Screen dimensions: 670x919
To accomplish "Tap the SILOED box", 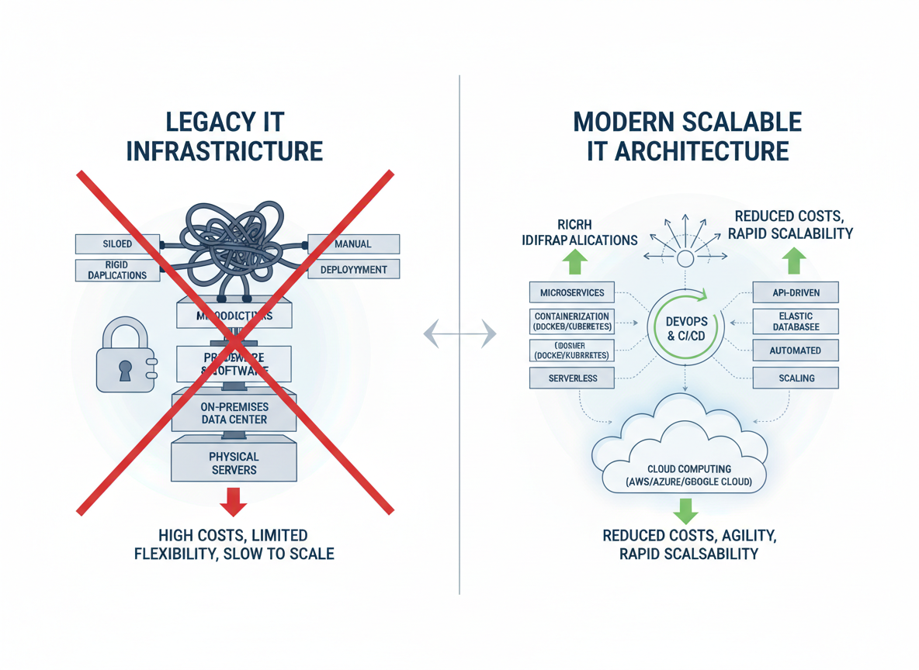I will (117, 244).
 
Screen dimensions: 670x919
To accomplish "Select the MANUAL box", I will (353, 244).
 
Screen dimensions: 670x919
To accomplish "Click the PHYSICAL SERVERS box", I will (234, 463).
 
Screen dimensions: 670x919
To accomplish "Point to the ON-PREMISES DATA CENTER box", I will (234, 412).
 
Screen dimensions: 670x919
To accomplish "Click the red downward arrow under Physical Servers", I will (233, 501).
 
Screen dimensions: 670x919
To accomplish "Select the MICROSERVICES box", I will (571, 293).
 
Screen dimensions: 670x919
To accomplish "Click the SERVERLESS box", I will (571, 378).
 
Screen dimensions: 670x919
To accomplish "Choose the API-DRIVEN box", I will (796, 293).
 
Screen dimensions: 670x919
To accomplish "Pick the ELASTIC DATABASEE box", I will (796, 322).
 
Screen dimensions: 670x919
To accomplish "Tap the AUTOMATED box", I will (796, 351).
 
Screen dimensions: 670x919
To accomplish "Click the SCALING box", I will (796, 378).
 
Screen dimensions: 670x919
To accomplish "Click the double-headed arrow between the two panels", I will (459, 333).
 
